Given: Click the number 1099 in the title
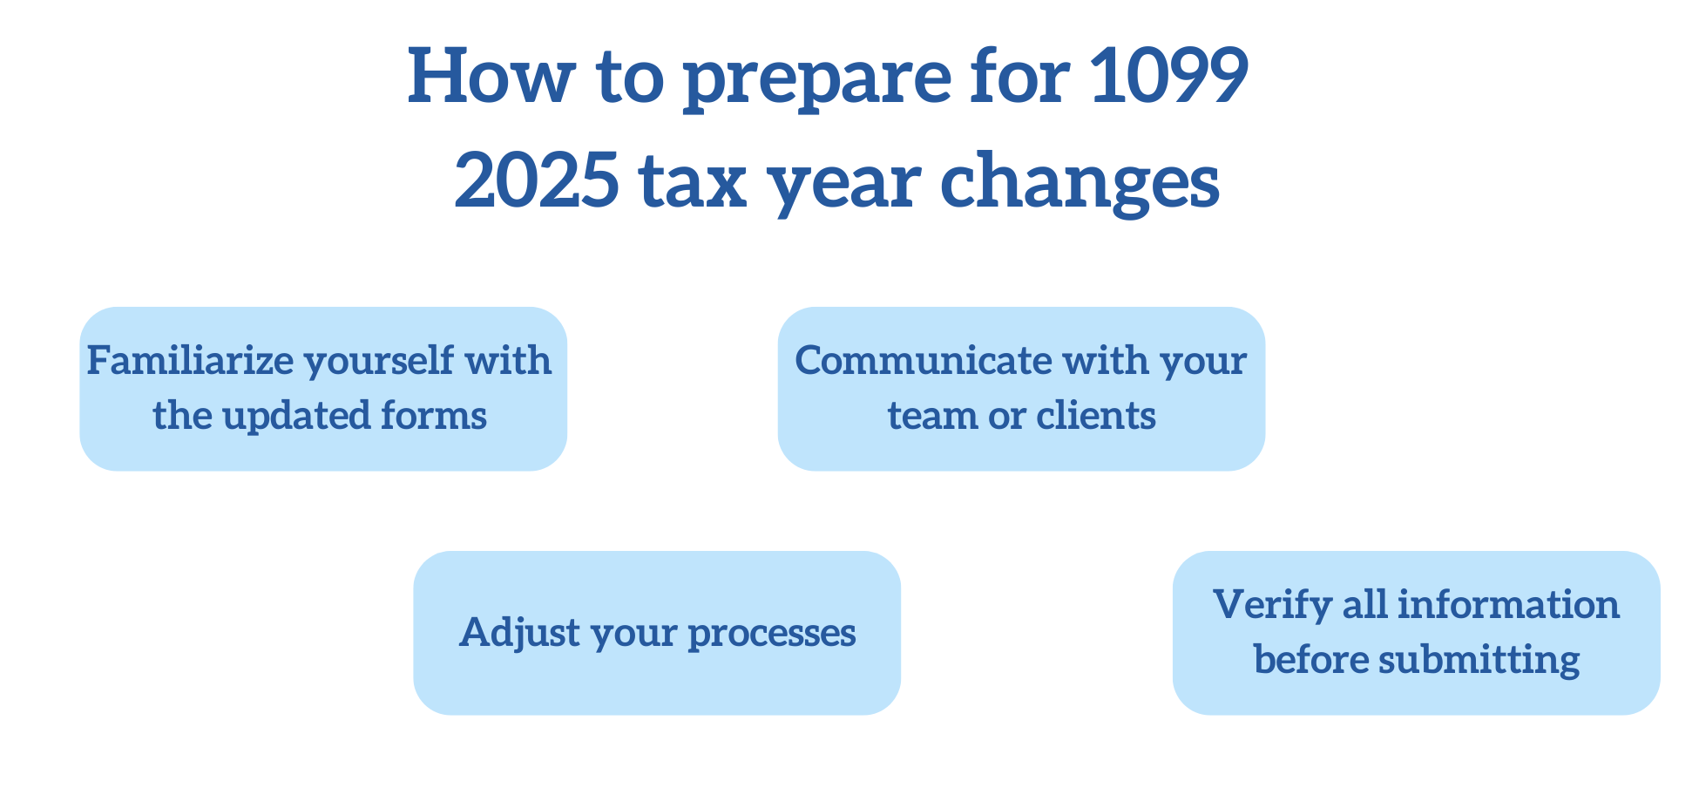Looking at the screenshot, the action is (1168, 76).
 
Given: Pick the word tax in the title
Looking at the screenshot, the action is (693, 183).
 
